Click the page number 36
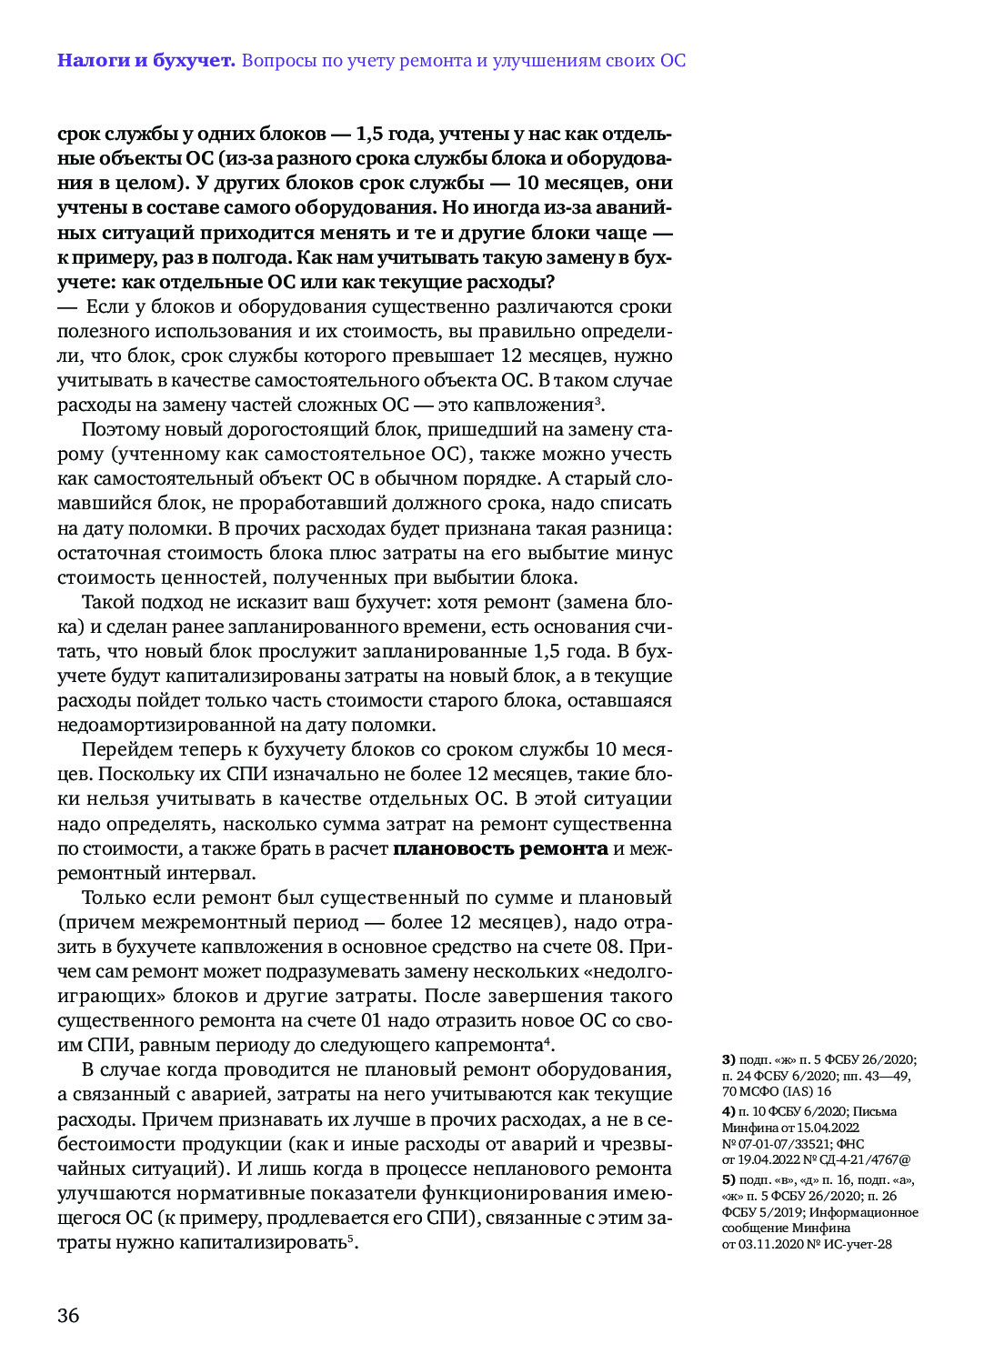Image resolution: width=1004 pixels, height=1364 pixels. pos(68,1315)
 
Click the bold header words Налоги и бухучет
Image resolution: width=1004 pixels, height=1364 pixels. pos(146,61)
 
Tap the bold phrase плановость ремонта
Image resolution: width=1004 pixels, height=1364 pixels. pos(500,848)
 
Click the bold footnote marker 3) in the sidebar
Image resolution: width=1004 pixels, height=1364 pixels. pos(728,1059)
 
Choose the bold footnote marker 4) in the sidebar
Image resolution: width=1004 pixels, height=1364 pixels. pos(728,1111)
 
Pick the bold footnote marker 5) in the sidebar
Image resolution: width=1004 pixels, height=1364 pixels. pos(728,1179)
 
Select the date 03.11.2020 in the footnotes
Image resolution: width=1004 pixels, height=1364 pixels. pos(770,1244)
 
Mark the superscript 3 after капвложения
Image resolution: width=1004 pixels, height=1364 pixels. pos(597,399)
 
